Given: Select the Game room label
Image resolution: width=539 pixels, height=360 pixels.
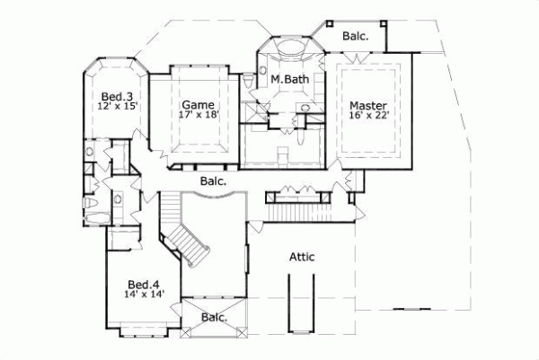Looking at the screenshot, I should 198,103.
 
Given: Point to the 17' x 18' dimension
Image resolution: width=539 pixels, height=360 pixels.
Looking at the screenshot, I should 199,114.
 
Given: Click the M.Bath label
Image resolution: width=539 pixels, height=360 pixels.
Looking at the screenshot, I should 289,81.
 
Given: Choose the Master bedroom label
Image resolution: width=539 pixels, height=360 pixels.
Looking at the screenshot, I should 368,103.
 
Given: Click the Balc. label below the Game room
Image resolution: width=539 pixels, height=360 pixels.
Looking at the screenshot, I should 212,180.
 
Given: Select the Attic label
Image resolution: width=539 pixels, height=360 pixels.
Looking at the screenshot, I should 302,257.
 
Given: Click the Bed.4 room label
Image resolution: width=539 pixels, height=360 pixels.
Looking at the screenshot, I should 144,282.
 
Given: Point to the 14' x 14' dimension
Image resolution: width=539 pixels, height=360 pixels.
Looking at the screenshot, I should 145,294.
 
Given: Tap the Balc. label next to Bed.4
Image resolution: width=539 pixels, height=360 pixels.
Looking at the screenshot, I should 214,317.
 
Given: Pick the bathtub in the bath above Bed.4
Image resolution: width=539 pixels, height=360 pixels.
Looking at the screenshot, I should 97,213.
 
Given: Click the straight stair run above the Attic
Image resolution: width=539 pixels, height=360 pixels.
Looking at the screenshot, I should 300,212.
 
